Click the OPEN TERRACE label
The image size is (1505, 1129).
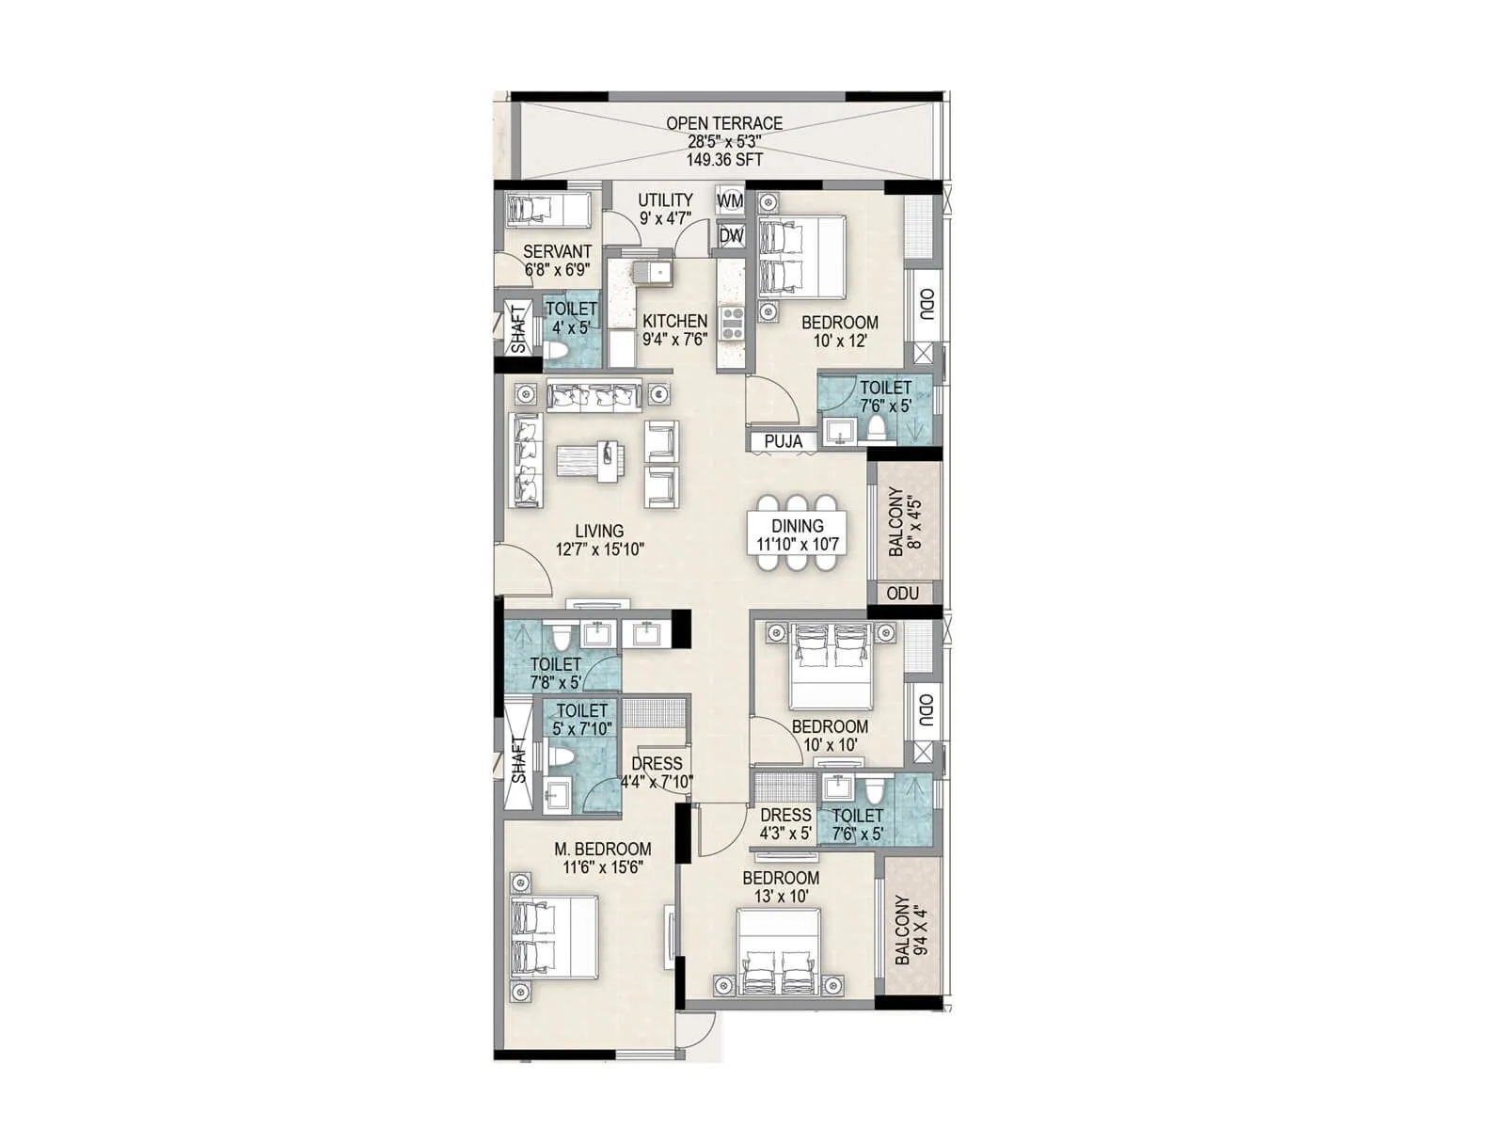coord(724,123)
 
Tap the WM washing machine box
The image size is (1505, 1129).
coord(730,201)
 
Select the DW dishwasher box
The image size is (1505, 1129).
coord(731,236)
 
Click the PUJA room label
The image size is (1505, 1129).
coord(783,441)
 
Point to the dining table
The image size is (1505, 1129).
coord(798,535)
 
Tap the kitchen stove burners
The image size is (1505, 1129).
coord(732,323)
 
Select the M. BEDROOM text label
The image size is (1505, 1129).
coord(602,849)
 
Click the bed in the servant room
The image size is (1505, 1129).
coord(546,209)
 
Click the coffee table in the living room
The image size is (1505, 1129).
coord(589,462)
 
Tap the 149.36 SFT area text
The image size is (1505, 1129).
coord(724,160)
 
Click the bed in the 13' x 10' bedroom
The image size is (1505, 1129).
coord(777,952)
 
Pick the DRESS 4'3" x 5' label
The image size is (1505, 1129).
coord(785,824)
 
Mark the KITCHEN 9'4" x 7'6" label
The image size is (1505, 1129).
coord(674,330)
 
